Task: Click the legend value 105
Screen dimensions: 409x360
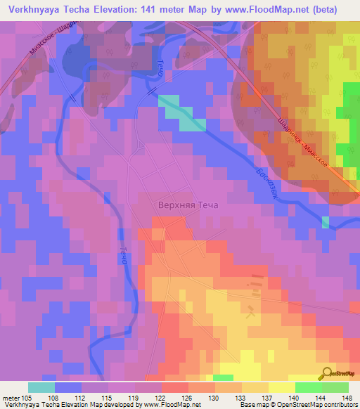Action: coord(27,398)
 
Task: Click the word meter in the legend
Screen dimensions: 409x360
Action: coord(11,398)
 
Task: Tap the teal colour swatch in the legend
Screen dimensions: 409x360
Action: coord(41,388)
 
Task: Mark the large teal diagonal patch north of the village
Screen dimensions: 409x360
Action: coord(181,113)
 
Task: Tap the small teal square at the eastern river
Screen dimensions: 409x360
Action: coord(326,222)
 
